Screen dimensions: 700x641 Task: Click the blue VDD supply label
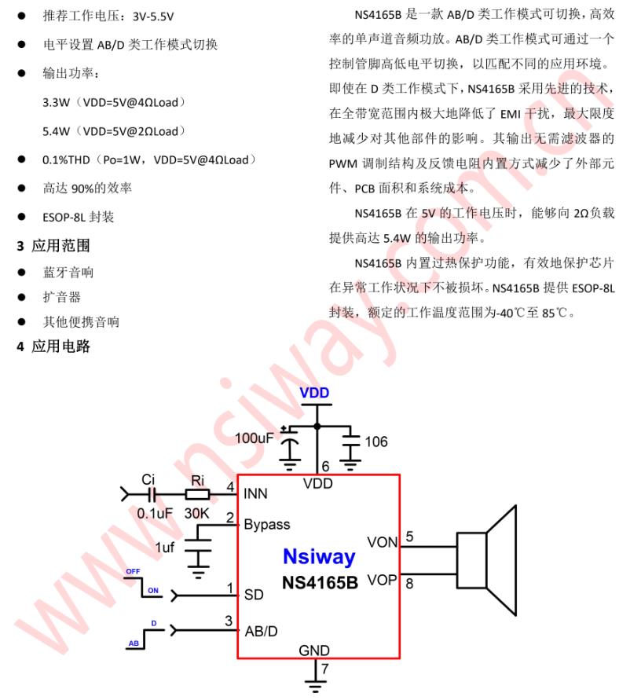tap(315, 393)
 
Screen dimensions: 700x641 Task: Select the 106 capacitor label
tap(376, 442)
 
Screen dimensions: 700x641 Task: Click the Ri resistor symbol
tap(197, 494)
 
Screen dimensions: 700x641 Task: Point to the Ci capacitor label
tap(148, 479)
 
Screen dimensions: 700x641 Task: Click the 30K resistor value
tap(196, 512)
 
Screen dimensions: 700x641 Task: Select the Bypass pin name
tap(267, 524)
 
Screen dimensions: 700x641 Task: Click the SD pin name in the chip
tap(253, 595)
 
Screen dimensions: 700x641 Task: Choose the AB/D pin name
tap(261, 631)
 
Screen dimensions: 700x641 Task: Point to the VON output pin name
tap(382, 543)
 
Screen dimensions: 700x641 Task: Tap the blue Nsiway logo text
tap(318, 558)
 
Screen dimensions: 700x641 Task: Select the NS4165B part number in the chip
tap(320, 583)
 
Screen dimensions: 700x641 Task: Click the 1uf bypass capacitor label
tap(165, 548)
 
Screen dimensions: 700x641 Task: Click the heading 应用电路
tap(60, 346)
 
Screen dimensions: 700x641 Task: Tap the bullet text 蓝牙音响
tap(68, 273)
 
